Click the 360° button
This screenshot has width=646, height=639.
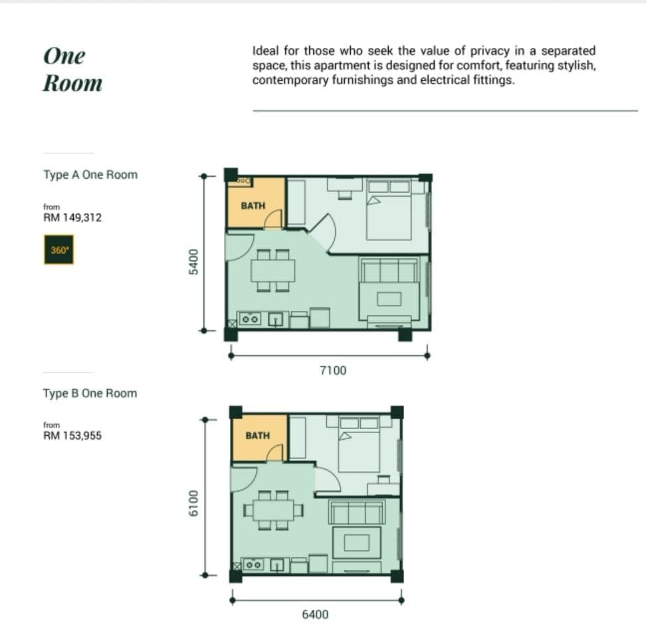pyautogui.click(x=59, y=250)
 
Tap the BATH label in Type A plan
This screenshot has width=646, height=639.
pyautogui.click(x=253, y=205)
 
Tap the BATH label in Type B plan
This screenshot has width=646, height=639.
pyautogui.click(x=257, y=435)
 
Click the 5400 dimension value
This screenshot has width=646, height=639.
pyautogui.click(x=193, y=262)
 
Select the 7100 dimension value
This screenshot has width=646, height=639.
pyautogui.click(x=333, y=371)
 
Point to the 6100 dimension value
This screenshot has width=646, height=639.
pyautogui.click(x=193, y=503)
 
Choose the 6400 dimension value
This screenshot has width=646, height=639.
pyautogui.click(x=315, y=614)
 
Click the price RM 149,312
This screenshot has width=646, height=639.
pyautogui.click(x=72, y=217)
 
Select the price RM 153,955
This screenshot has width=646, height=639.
pyautogui.click(x=72, y=435)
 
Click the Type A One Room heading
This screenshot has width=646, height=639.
pyautogui.click(x=90, y=175)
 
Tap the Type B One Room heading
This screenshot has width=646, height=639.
pyautogui.click(x=90, y=393)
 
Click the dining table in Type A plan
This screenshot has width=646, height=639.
pyautogui.click(x=273, y=270)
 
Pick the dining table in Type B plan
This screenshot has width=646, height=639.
pyautogui.click(x=273, y=510)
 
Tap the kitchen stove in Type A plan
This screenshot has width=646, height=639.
pyautogui.click(x=250, y=319)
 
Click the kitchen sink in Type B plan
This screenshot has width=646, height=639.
pyautogui.click(x=277, y=565)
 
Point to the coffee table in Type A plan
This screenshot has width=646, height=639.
pyautogui.click(x=389, y=299)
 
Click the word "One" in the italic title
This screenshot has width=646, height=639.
pyautogui.click(x=64, y=56)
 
